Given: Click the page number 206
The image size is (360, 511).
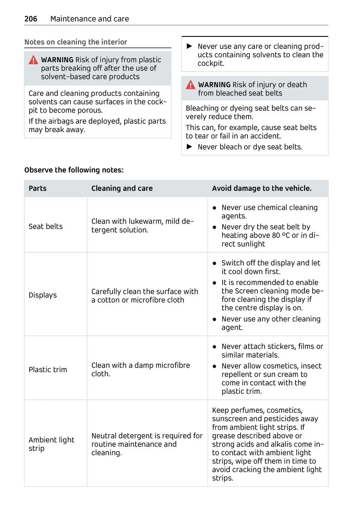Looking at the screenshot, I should pos(31,19).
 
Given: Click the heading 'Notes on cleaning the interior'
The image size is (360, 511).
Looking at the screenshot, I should pos(76,42).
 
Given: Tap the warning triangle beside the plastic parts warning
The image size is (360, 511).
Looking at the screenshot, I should pos(33,60).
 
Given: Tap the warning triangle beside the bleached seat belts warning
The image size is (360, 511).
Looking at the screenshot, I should pos(190,85).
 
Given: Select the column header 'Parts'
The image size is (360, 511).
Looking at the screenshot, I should pos(37,188).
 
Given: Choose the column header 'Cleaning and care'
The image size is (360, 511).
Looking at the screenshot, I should pos(122,188).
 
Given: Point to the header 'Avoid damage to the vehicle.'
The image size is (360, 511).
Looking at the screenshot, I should pos(262,188).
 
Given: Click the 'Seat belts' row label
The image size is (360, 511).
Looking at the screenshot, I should pos(46,227).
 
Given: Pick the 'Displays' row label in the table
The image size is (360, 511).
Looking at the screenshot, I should pos(43,295).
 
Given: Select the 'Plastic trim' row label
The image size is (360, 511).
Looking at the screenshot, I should pos(48,370).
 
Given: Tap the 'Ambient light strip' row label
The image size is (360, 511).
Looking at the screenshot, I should pos(51,444).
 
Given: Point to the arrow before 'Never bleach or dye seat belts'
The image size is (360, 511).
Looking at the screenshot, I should pos(189,147).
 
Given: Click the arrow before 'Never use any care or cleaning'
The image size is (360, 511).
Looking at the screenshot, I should pos(189,46).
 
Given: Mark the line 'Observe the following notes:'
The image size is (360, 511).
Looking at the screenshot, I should pos(74,170).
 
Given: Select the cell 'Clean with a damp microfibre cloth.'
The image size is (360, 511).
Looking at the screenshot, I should pos(140,370).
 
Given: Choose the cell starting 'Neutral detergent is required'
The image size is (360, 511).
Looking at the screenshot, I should pos(147,444).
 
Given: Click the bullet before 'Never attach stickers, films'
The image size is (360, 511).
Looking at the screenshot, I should pos(214,347).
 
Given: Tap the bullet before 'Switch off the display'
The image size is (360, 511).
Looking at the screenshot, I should pos(214,263).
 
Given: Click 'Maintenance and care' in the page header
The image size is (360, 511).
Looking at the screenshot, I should pos(89,19).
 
